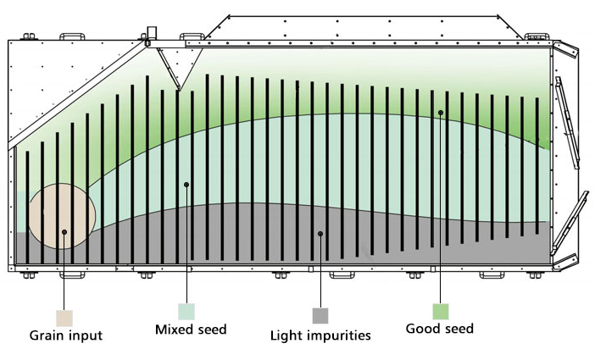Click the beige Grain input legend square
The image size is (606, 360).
(64, 318)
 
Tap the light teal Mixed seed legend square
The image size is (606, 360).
(186, 312)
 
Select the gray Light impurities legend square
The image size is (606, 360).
(320, 316)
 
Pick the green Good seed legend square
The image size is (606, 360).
(441, 312)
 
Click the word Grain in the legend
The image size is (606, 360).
(45, 335)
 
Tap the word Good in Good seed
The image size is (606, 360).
(421, 329)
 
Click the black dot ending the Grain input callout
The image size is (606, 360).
(64, 232)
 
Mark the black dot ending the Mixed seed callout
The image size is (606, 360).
(186, 185)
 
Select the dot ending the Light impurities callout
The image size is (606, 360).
(320, 234)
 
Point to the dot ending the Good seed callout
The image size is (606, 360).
(441, 113)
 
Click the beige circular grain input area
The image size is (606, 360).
(62, 216)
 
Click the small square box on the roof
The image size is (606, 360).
(152, 32)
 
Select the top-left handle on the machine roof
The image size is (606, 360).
(72, 36)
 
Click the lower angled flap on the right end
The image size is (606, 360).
(570, 223)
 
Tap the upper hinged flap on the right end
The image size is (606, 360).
(567, 123)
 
